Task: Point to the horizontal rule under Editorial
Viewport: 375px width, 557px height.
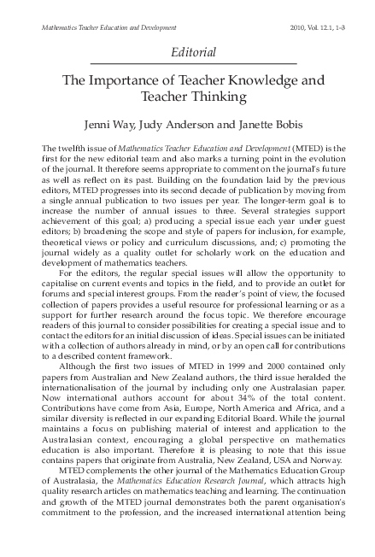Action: tap(187, 64)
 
